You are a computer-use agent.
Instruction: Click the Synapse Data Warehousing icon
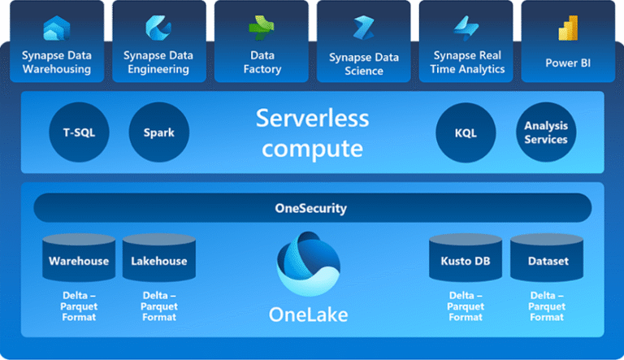tap(56, 28)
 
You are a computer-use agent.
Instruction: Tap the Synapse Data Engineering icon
tap(158, 28)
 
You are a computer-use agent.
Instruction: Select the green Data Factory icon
tap(261, 28)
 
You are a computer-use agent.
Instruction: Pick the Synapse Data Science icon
tap(362, 28)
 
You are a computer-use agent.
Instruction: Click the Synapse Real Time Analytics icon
tap(466, 28)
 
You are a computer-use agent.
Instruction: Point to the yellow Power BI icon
tap(567, 29)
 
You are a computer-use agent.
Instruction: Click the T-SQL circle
tap(78, 132)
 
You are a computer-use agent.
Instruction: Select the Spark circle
tap(158, 132)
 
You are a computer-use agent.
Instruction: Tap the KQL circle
tap(465, 132)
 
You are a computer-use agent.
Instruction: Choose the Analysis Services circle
tap(545, 132)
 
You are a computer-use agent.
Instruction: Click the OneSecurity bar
tap(312, 208)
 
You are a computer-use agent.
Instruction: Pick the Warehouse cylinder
tap(79, 259)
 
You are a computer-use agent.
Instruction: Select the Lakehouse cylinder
tap(159, 259)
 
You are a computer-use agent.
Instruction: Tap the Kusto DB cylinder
tap(466, 259)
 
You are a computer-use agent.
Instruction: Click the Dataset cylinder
tap(548, 259)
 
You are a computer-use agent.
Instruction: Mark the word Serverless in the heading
tap(312, 119)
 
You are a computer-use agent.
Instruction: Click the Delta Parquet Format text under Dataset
tap(548, 306)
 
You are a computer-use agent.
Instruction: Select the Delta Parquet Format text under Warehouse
tap(79, 306)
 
